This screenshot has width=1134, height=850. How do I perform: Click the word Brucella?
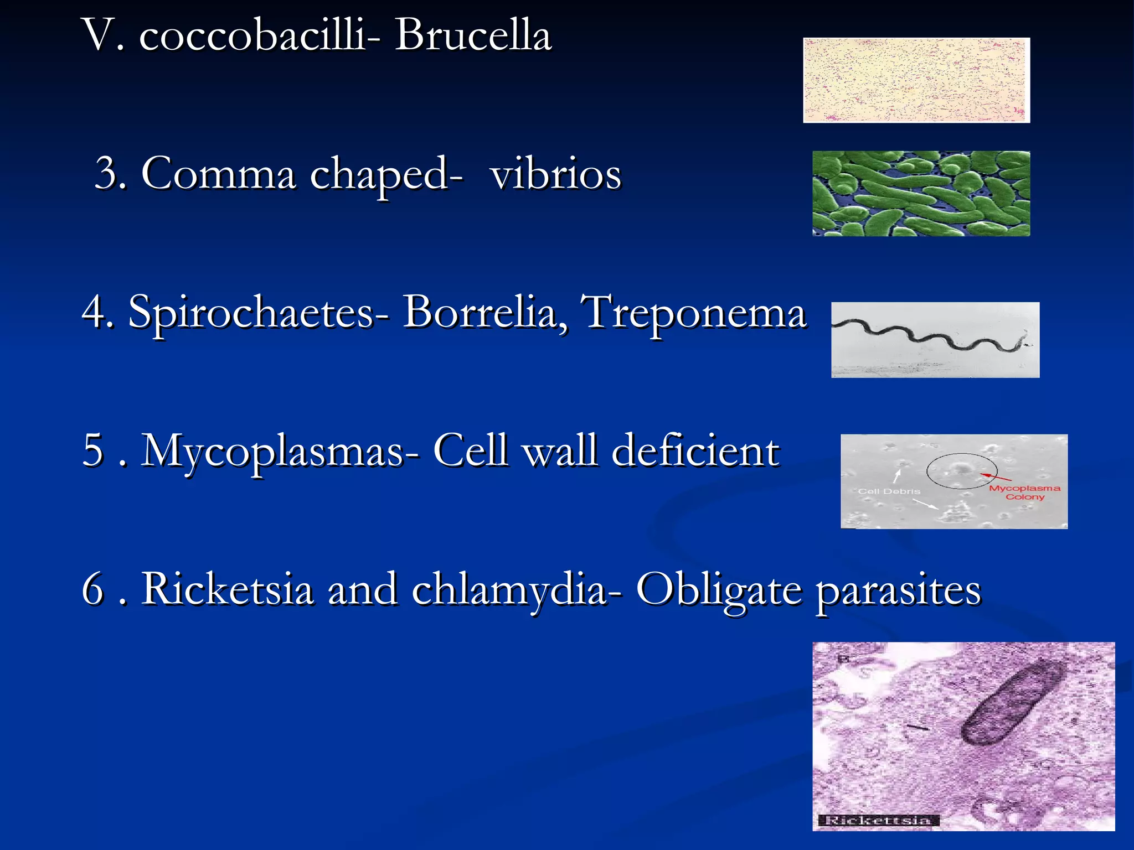(473, 35)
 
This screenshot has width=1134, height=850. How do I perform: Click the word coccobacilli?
(252, 35)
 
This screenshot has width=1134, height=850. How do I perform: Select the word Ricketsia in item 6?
(227, 589)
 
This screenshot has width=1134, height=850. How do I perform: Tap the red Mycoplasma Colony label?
(1024, 493)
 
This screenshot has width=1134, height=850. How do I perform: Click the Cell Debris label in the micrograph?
(889, 491)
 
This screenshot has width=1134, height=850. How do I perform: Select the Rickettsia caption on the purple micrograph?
(878, 820)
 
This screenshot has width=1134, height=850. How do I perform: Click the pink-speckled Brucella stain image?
(916, 80)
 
